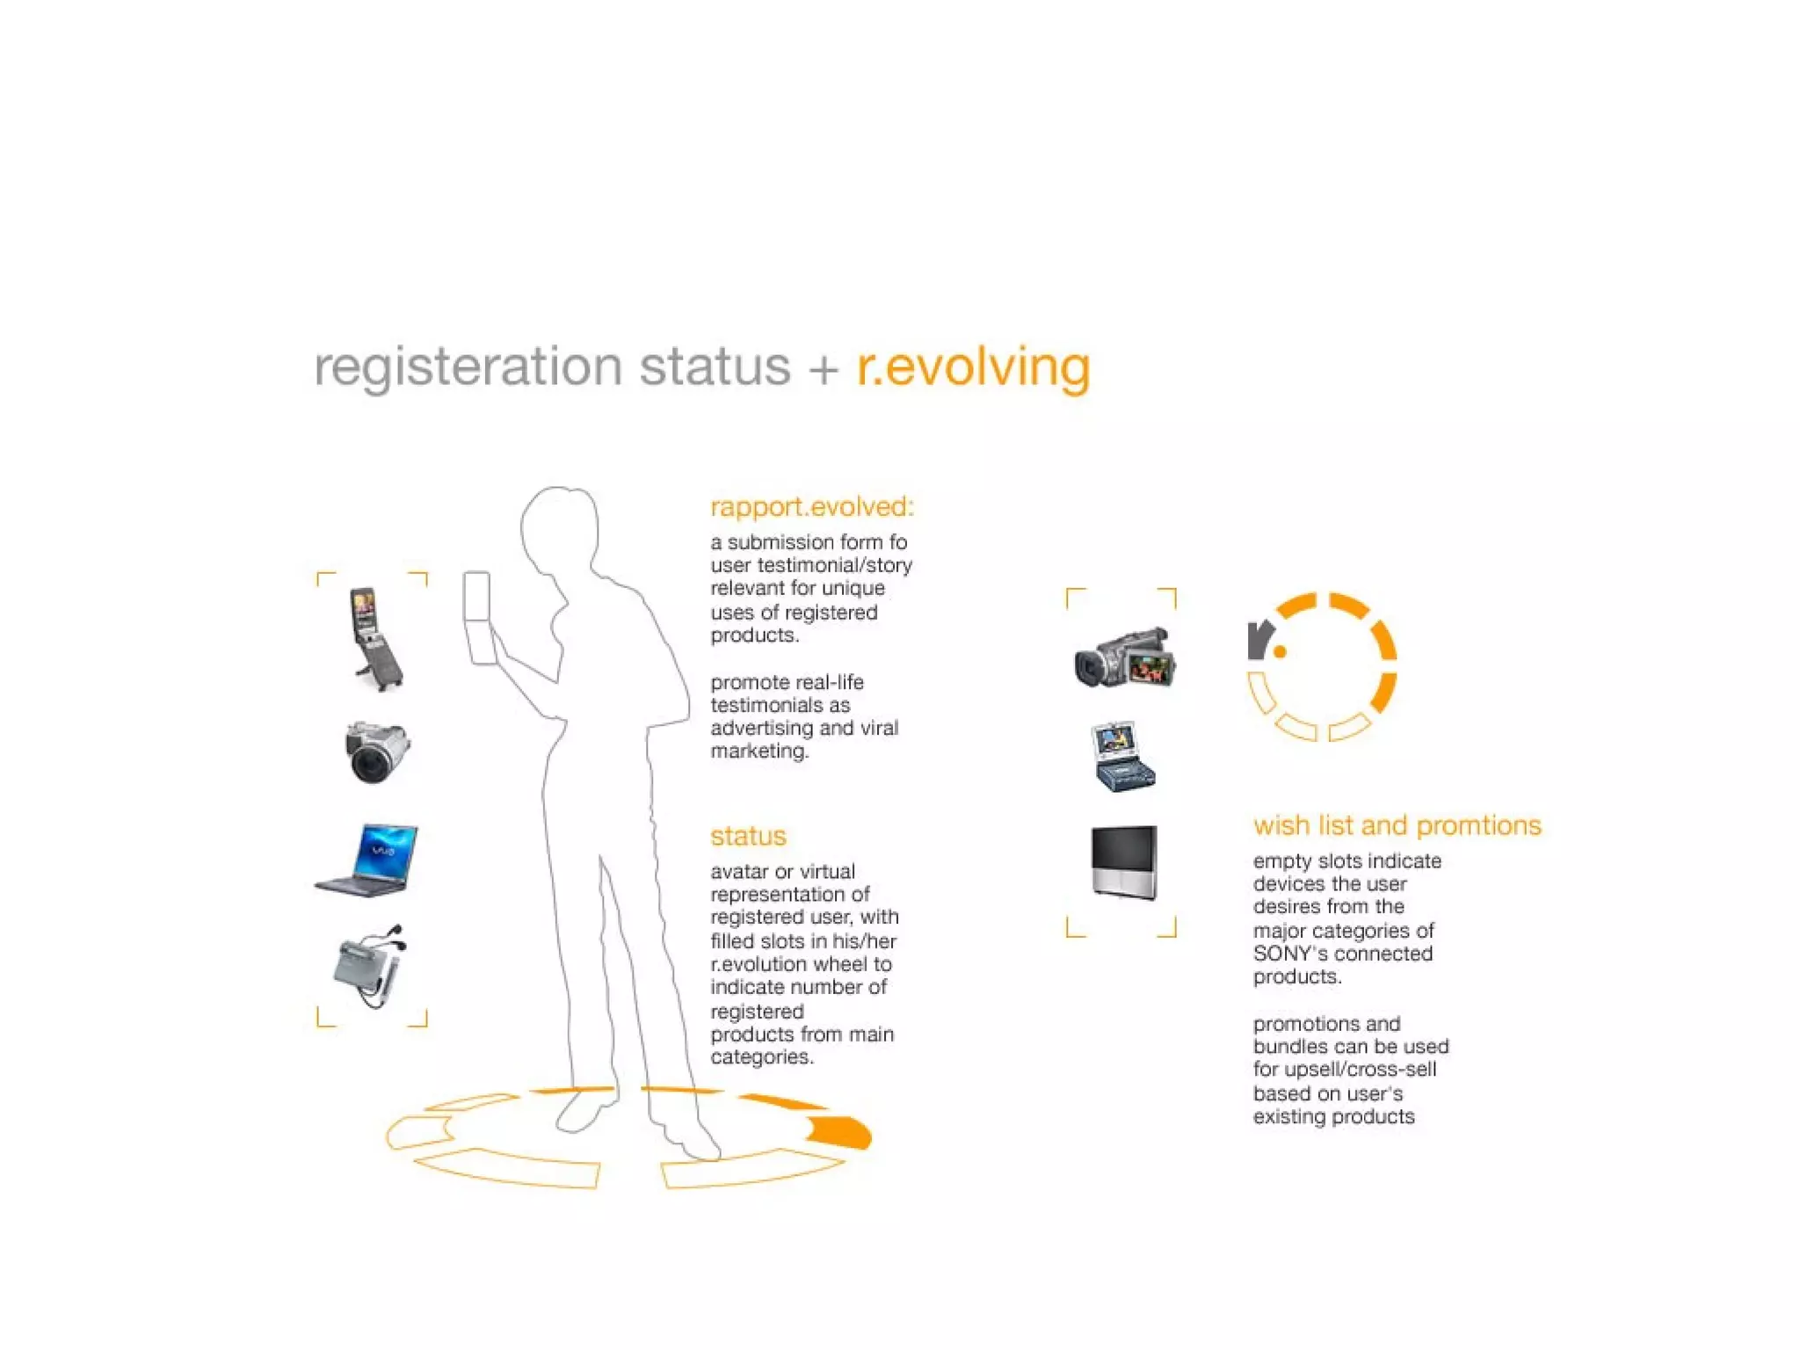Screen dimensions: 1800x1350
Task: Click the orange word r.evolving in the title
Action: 973,367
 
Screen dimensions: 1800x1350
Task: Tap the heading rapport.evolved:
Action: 811,507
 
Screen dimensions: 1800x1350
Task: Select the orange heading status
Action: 748,836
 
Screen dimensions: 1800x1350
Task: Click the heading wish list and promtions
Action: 1397,825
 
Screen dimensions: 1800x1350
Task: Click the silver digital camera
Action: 376,751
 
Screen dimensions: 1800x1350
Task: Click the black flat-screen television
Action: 1123,861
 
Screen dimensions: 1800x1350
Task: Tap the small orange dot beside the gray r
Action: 1280,651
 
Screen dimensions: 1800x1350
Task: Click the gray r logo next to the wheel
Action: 1259,639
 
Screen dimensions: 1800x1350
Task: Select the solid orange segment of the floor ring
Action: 839,1132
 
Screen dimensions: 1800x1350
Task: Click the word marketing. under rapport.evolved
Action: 759,751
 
